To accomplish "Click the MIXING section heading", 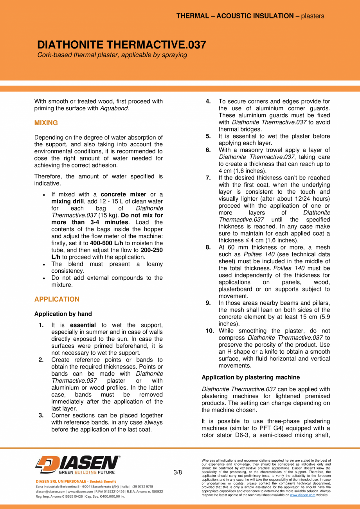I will (46, 123).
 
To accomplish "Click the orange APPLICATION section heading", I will (57, 299).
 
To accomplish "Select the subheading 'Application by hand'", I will (63, 314).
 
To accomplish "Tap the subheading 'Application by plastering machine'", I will (250, 378).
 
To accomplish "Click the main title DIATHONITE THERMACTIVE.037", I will (122, 45).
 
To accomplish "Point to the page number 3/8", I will (178, 472).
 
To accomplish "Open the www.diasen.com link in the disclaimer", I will (302, 495).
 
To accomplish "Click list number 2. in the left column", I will (41, 360).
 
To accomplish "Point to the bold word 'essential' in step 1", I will (83, 325).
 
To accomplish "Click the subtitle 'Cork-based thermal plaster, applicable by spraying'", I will (112, 55).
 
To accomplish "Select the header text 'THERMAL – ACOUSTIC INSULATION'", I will (235, 16).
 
